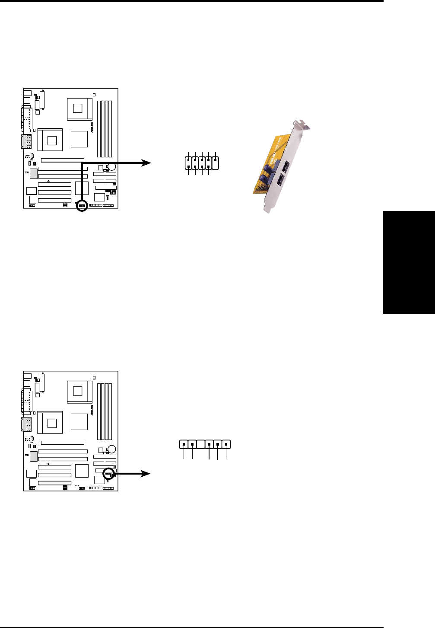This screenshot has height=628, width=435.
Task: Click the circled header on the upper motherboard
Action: pyautogui.click(x=82, y=206)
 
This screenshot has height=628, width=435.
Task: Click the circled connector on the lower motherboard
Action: pyautogui.click(x=109, y=474)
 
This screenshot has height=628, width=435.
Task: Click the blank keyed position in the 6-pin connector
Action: pyautogui.click(x=200, y=444)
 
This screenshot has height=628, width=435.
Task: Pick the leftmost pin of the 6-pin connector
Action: pyautogui.click(x=184, y=444)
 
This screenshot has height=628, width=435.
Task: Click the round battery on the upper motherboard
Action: pyautogui.click(x=112, y=166)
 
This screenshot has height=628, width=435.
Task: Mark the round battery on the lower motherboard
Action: pyautogui.click(x=112, y=449)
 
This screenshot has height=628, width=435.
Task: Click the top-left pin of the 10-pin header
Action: pyautogui.click(x=189, y=160)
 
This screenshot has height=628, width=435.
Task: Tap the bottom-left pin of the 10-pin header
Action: pyautogui.click(x=189, y=167)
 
